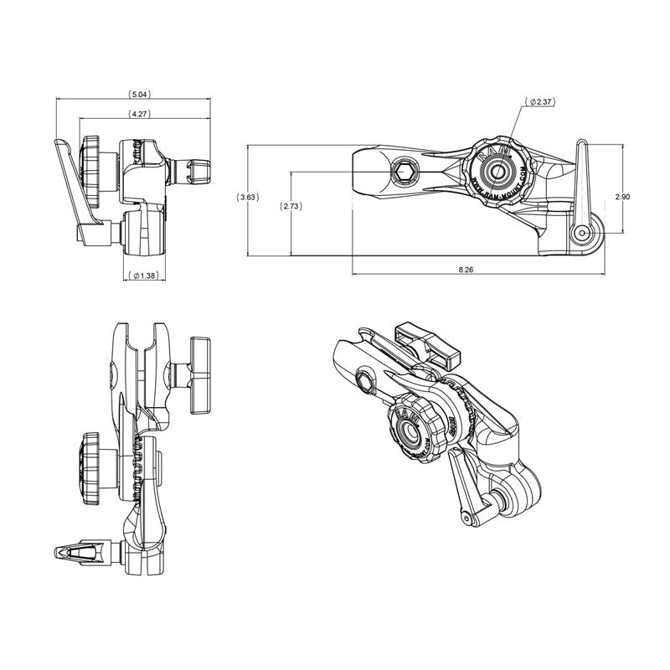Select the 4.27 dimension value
tap(140, 113)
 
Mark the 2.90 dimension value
tap(622, 197)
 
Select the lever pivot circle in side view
tap(580, 233)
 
